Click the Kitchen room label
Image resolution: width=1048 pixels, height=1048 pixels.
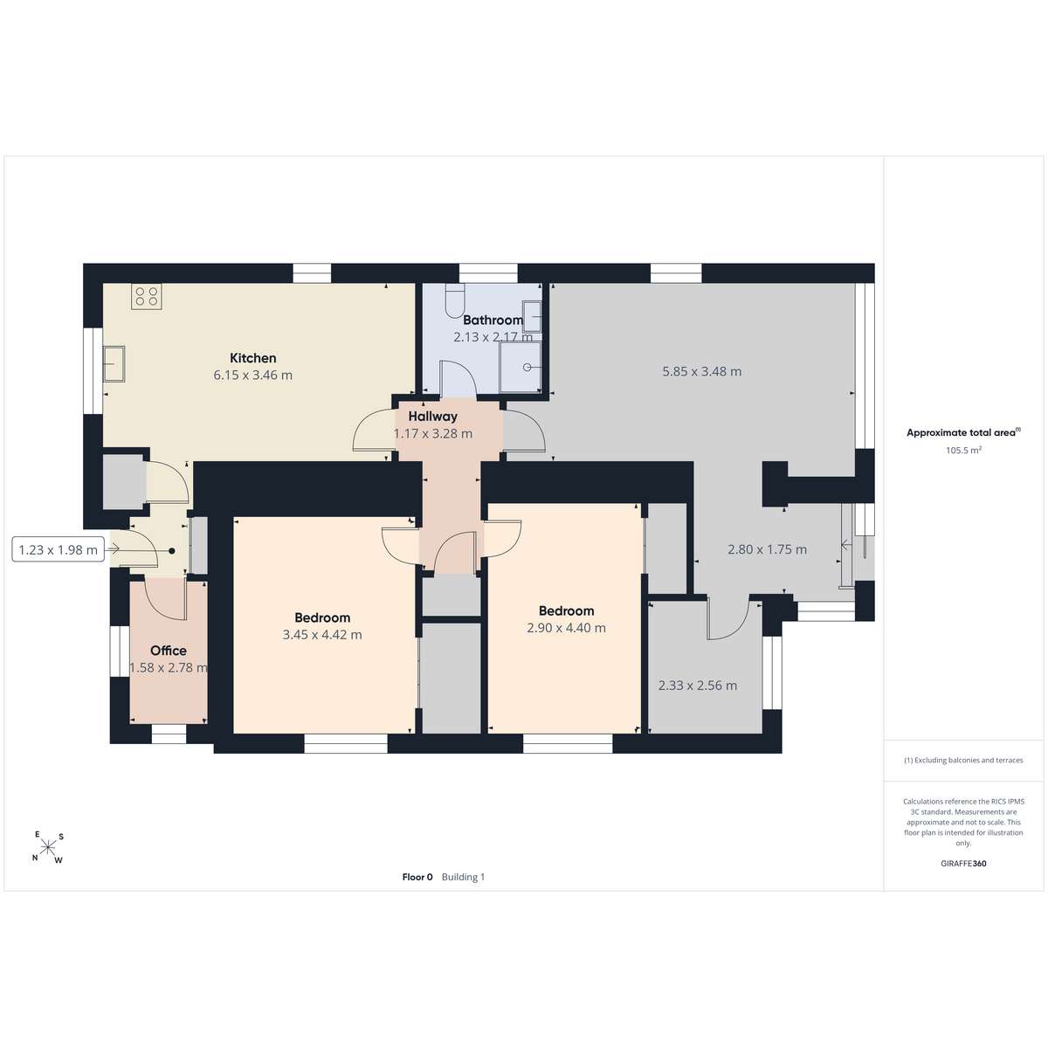pos(253,358)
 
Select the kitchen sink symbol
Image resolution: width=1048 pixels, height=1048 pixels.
pos(114,364)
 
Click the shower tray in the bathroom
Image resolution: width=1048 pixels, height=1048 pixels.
pos(521,367)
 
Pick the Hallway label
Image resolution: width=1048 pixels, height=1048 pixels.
pos(433,417)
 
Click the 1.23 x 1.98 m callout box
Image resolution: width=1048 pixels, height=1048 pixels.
pos(59,550)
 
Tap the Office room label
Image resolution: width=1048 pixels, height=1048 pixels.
pos(169,651)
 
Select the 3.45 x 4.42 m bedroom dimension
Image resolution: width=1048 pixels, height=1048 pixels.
pos(322,635)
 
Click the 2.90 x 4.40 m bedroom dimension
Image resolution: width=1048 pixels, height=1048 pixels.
pos(566,628)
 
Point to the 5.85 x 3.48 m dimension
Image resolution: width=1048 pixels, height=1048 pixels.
pos(701,371)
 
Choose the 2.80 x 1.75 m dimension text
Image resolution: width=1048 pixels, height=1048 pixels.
pos(768,549)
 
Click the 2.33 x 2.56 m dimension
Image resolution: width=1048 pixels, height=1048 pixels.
pos(698,686)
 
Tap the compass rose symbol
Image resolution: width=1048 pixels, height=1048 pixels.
pos(48,846)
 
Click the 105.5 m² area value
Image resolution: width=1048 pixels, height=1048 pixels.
pos(963,451)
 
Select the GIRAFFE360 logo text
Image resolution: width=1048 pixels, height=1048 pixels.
pos(963,863)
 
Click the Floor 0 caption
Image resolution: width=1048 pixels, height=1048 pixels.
pos(417,877)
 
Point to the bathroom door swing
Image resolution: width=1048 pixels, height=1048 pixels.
pos(458,377)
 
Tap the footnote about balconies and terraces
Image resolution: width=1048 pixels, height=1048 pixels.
pos(963,761)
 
